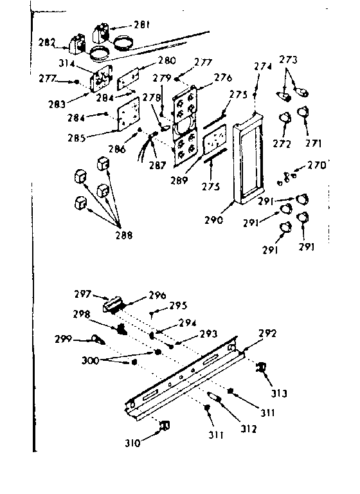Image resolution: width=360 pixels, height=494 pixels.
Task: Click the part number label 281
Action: coord(141,25)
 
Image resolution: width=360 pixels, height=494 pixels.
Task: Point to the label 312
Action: coord(231,428)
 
